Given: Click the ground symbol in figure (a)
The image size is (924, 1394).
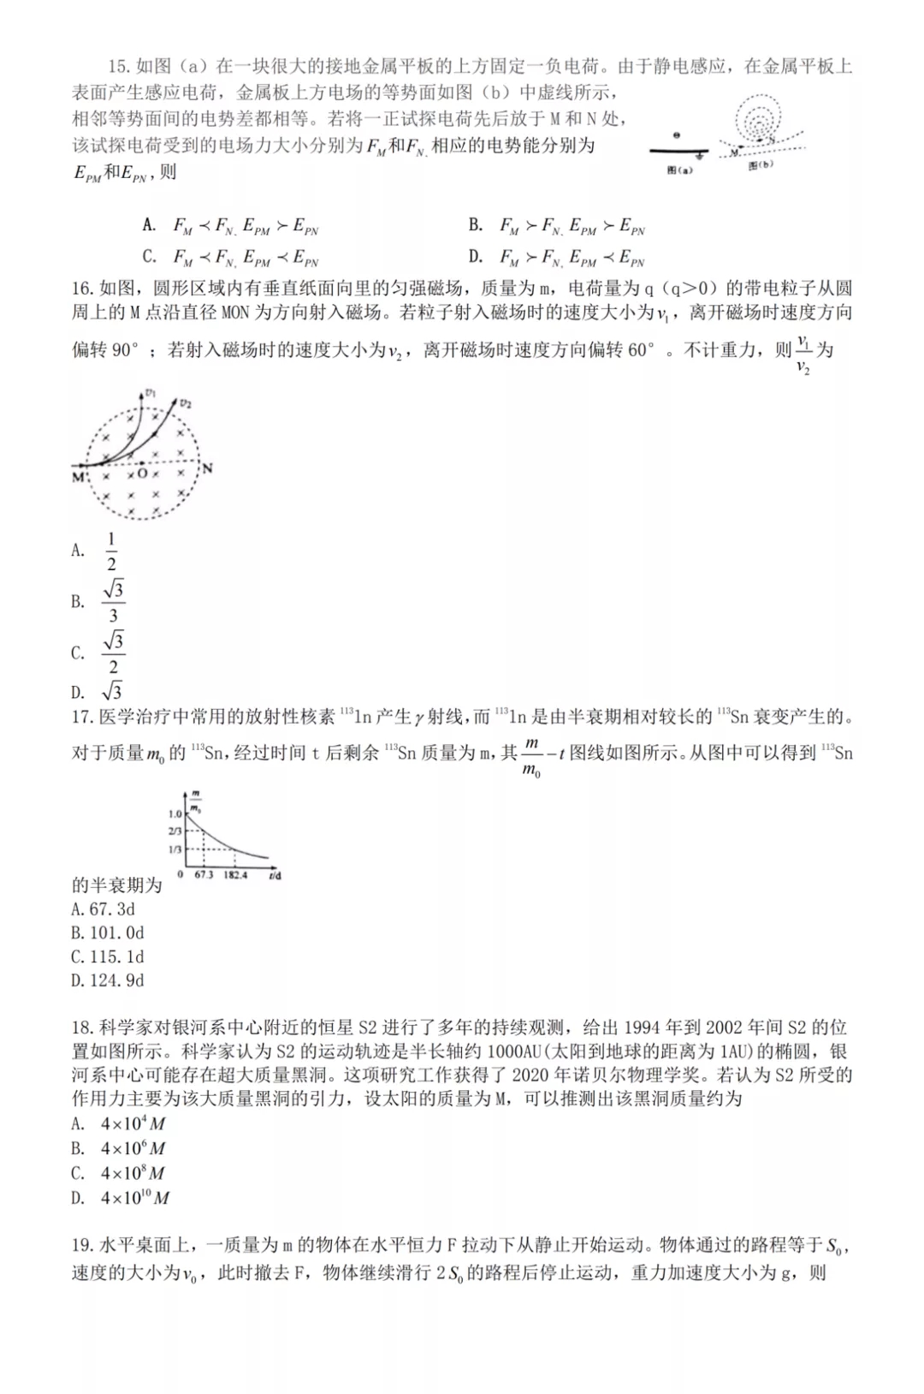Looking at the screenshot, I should pos(701,156).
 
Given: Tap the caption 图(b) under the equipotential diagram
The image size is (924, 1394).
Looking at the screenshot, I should pos(760,165).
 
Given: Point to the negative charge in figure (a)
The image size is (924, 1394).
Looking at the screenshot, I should pos(677,135).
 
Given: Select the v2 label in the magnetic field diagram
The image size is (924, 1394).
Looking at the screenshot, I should pos(186,402).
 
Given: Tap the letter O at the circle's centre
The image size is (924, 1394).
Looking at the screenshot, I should pos(142,474).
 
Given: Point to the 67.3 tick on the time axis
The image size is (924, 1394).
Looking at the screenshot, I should pos(204,875).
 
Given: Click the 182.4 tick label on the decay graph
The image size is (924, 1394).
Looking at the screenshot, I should pos(235,875).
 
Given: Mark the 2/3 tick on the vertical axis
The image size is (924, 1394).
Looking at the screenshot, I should pos(175,831).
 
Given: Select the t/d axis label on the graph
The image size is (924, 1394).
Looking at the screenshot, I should pos(275,875).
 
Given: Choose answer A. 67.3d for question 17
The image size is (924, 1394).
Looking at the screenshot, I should pos(103,909).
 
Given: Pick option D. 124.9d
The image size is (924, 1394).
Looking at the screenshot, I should pos(107,980).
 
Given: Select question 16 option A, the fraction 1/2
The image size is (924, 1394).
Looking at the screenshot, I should pos(110,551).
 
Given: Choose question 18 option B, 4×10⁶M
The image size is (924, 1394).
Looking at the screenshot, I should pos(133,1148).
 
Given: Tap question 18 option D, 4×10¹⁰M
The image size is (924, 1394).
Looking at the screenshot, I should pos(134,1198).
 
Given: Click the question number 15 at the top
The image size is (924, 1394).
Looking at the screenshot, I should pos(118,67).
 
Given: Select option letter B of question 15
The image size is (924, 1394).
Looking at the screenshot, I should pos(476,225).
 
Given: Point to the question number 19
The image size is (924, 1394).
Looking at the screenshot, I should pos(82,1246).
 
